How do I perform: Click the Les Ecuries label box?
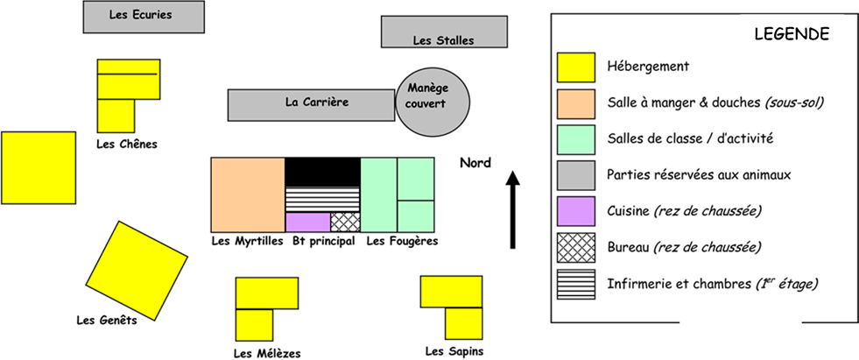point(144,17)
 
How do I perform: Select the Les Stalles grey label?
point(444,32)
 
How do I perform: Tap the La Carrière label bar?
point(311,104)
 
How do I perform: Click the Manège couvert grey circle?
point(433,102)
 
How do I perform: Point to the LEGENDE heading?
point(792,34)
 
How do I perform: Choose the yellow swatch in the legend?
point(576,67)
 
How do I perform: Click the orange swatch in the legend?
point(576,103)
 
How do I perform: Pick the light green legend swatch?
point(576,139)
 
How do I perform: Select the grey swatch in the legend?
point(576,175)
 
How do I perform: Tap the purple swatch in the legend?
point(576,211)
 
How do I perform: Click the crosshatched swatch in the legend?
point(576,247)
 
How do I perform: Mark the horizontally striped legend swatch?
point(576,284)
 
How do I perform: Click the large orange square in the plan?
point(248,194)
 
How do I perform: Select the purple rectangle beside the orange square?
point(307,222)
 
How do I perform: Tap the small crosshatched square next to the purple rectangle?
point(345,222)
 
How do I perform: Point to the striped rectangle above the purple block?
point(322,199)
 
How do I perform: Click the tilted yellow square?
point(137,271)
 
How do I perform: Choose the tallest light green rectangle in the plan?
point(378,194)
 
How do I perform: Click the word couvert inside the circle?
point(426,104)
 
